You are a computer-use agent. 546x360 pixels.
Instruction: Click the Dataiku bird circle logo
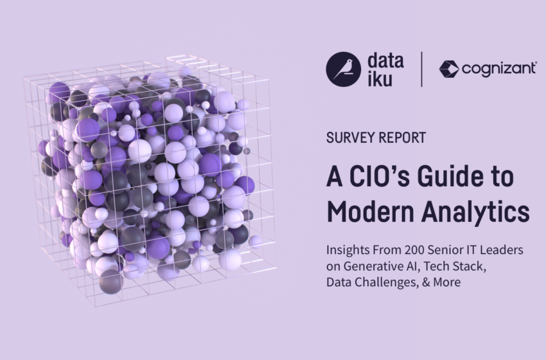(344, 69)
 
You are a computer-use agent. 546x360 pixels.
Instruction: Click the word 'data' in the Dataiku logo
(385, 61)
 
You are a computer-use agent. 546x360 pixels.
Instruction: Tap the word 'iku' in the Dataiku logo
(380, 78)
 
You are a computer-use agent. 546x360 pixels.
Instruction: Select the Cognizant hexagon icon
(449, 69)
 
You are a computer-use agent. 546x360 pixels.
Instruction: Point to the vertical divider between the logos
(421, 69)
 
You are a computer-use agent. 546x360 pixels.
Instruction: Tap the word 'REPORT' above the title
(402, 137)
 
